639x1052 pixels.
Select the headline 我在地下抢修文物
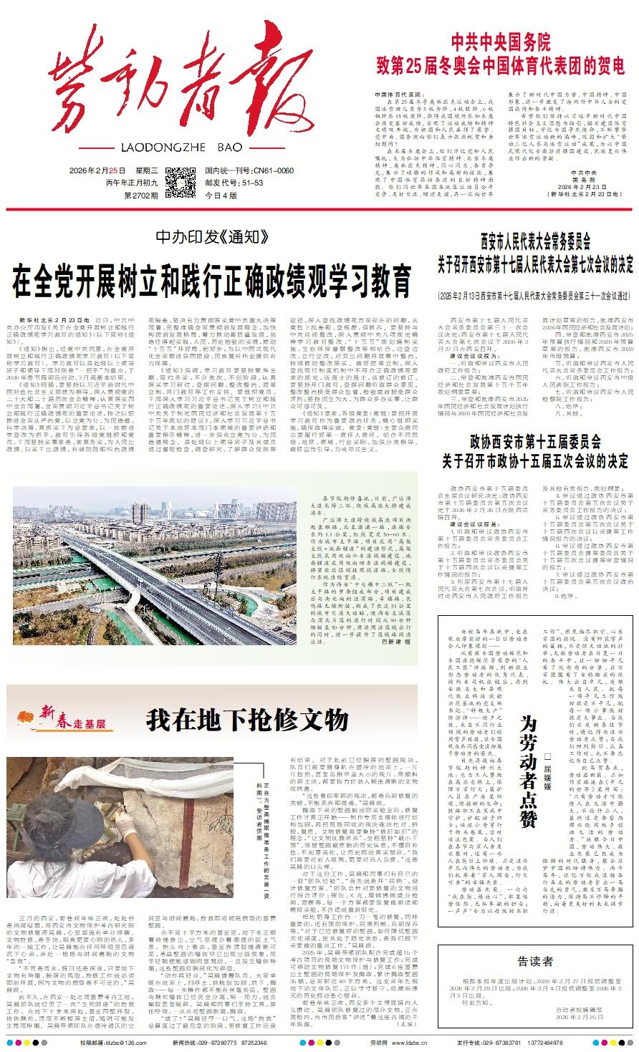247,720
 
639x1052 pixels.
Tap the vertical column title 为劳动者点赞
527,762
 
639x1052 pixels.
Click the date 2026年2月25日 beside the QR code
97,171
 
